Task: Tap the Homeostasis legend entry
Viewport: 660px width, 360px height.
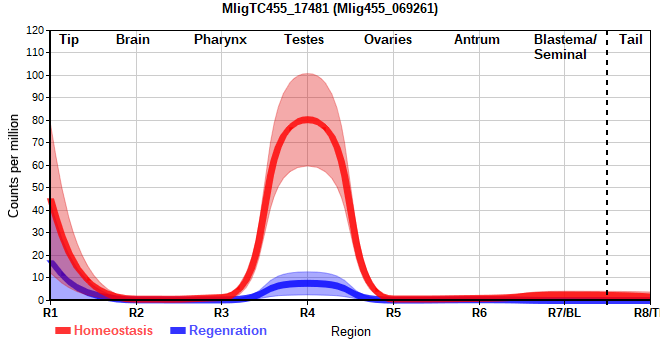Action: click(x=104, y=331)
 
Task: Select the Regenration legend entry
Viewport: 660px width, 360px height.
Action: click(x=218, y=331)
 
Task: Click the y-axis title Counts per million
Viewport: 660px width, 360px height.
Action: click(x=13, y=165)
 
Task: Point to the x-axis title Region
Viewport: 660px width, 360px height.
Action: click(x=351, y=331)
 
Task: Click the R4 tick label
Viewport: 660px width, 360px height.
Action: click(x=307, y=313)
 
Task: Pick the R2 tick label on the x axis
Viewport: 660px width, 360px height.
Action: click(x=136, y=313)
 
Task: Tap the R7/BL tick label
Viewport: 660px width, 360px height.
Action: click(x=564, y=313)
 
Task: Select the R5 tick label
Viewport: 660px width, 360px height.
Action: click(x=394, y=313)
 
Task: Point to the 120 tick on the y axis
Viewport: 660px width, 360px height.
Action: click(x=35, y=30)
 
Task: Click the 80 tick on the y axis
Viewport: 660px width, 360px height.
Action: click(x=38, y=120)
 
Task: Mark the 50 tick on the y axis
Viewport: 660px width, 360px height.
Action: click(x=38, y=187)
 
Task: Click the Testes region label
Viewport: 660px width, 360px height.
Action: click(x=304, y=40)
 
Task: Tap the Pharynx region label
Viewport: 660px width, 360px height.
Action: click(x=220, y=40)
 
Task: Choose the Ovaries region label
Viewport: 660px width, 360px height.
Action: click(x=388, y=40)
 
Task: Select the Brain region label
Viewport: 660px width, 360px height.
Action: click(x=133, y=40)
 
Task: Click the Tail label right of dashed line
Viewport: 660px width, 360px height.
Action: click(x=631, y=40)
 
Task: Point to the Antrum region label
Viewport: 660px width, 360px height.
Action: click(x=477, y=40)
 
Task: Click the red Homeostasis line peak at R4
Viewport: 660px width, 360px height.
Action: click(x=307, y=120)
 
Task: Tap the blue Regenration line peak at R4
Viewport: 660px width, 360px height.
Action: click(x=307, y=284)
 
